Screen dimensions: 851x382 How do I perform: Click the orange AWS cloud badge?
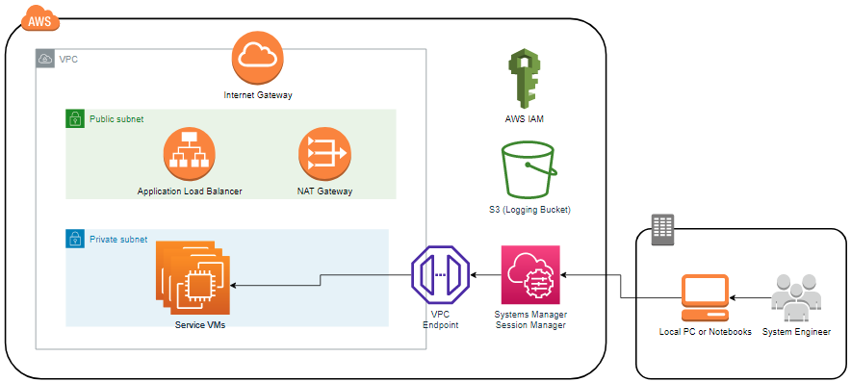click(39, 19)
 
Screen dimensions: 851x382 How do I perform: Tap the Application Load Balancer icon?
click(190, 155)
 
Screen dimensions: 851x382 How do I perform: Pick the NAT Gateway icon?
click(324, 155)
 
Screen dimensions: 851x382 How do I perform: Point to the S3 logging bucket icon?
click(529, 170)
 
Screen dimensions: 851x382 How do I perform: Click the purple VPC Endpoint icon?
click(440, 275)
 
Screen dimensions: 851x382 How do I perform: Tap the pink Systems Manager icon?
click(530, 274)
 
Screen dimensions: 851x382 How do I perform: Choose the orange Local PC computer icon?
click(705, 298)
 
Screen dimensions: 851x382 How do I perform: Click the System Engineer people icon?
click(795, 298)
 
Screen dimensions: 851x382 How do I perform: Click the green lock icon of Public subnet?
click(75, 118)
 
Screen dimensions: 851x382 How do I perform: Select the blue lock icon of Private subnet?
click(75, 239)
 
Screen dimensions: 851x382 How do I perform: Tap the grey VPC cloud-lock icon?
click(45, 59)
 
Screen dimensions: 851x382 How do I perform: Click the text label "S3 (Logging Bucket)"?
click(529, 209)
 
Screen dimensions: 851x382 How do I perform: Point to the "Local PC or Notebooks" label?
click(705, 332)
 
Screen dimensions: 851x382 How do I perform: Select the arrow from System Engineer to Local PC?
click(750, 298)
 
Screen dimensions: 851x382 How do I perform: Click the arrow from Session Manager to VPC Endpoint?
click(485, 275)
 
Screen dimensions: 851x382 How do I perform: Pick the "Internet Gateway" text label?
click(258, 95)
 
